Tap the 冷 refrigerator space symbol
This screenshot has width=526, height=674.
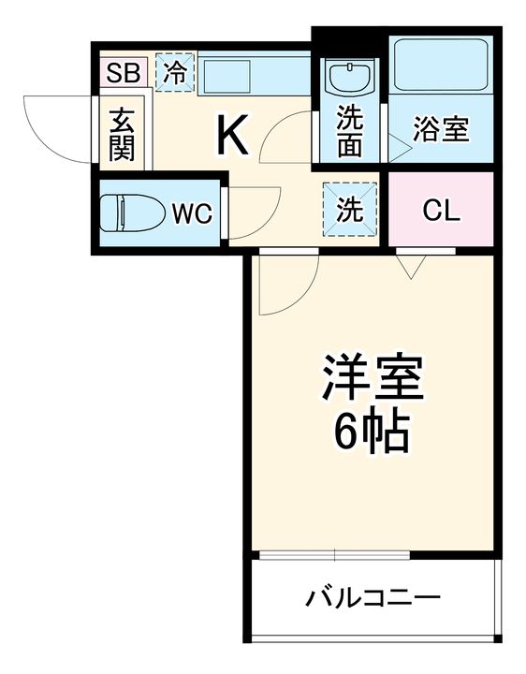point(175,73)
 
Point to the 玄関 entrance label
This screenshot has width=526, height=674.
point(121,135)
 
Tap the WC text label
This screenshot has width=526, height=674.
point(192,213)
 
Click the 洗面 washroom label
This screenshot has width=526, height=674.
point(350,132)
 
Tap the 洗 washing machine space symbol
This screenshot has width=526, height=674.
point(350,209)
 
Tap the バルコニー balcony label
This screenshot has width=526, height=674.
point(373,597)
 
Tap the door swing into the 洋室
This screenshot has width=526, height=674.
point(285,286)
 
